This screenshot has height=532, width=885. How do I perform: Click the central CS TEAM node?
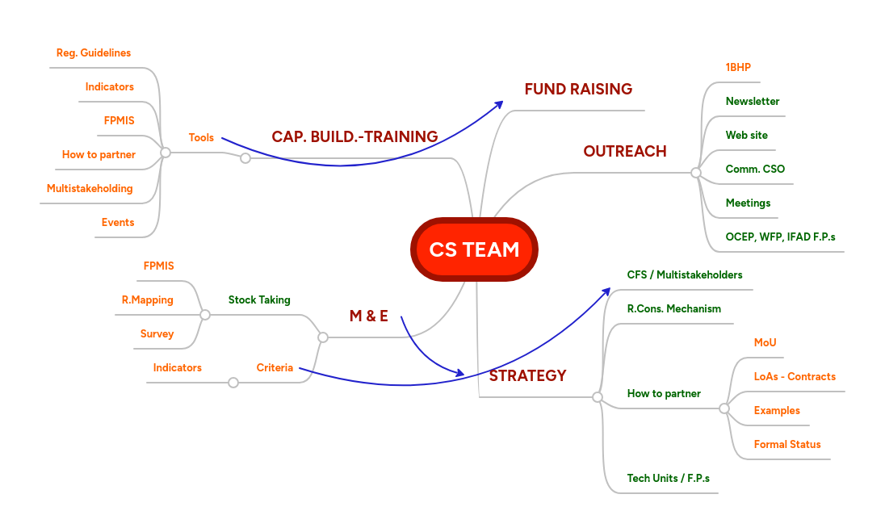[x=474, y=249]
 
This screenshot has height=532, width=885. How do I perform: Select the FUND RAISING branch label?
[x=578, y=89]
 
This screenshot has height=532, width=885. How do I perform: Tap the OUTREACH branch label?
[x=625, y=151]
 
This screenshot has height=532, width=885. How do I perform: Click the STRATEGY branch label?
[x=527, y=375]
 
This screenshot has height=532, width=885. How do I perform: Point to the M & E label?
[x=368, y=316]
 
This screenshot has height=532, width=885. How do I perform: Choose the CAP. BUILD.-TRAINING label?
[x=354, y=137]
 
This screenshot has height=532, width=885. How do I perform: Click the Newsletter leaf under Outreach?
[x=752, y=101]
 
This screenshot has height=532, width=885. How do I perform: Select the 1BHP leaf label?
[x=738, y=67]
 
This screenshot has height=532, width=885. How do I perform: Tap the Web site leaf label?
[x=746, y=135]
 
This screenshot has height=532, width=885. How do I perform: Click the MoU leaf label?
[x=765, y=342]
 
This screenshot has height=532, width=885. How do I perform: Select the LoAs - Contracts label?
[x=795, y=376]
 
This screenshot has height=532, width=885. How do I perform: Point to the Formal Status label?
[x=786, y=444]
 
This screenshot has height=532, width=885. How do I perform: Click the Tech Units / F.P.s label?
[x=668, y=478]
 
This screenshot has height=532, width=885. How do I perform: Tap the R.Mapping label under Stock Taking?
[x=148, y=300]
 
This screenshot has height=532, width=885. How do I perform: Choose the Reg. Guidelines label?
[x=94, y=52]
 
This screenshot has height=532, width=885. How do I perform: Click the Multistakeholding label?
[x=90, y=188]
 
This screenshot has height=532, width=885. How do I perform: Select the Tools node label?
[x=201, y=137]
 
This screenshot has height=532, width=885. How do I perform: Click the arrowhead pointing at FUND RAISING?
[x=500, y=103]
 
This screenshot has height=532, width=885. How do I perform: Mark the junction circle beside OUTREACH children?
[x=696, y=172]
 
